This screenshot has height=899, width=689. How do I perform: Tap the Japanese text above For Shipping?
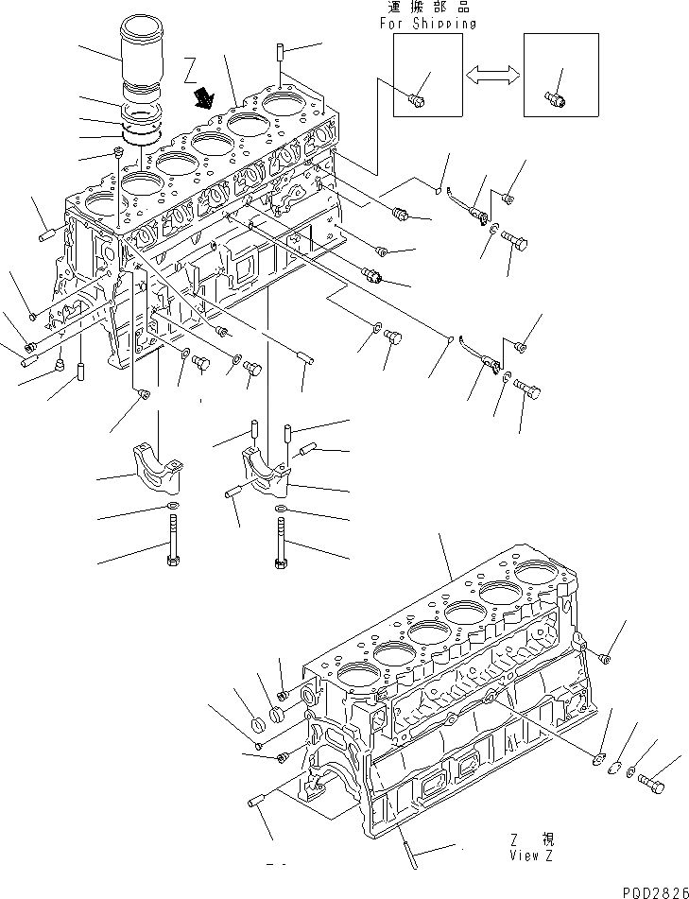427,8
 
